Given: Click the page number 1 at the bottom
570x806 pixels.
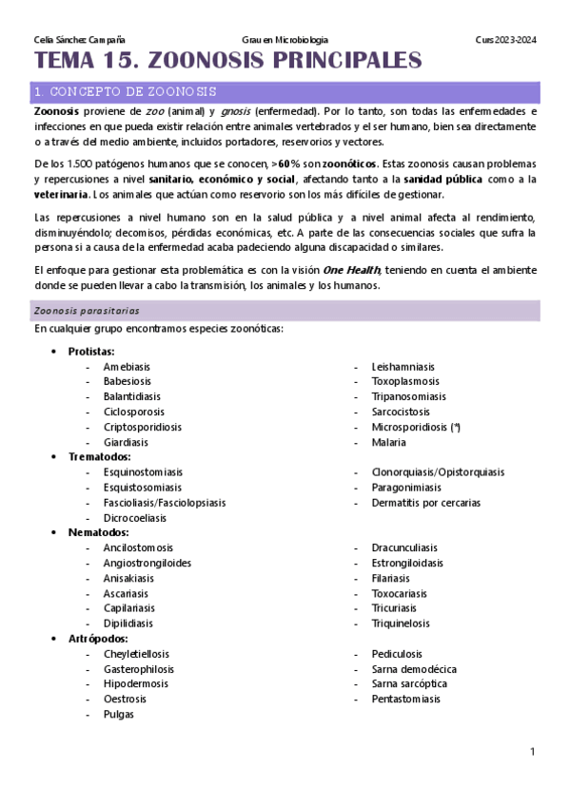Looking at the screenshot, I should click(x=533, y=752).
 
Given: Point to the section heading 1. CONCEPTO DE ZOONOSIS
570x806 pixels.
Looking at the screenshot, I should click(x=124, y=92).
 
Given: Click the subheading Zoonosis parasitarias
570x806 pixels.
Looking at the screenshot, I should click(x=87, y=310).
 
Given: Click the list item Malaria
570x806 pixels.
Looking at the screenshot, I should click(x=388, y=442).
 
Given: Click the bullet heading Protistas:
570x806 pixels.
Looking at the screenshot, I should click(x=91, y=351).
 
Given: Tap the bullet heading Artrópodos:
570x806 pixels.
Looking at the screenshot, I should click(x=97, y=639).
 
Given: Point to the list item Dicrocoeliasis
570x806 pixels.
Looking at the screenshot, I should click(x=134, y=518).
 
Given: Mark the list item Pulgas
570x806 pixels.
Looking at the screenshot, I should click(x=119, y=715).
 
